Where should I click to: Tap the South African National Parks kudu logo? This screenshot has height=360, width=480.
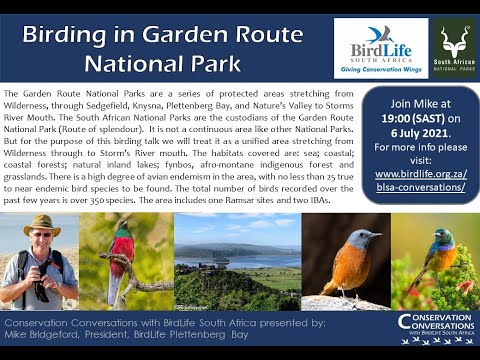tap(454, 46)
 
